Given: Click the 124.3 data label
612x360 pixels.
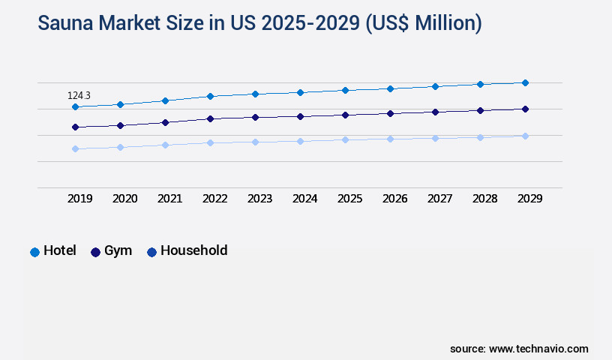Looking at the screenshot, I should [79, 95].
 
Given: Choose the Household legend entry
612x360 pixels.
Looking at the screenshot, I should [187, 251].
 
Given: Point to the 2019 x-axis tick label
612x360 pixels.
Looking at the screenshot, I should [80, 199].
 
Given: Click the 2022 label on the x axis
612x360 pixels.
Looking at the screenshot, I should [215, 199].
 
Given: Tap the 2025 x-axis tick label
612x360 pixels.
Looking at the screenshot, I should [350, 199].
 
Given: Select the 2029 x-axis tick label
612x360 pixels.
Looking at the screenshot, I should [530, 199].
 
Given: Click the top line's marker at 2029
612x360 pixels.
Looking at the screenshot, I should [525, 82].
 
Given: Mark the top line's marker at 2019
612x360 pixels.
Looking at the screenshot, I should [75, 107].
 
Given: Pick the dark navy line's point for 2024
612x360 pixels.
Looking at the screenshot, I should [300, 117].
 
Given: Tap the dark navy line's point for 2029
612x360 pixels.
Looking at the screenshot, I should [525, 109].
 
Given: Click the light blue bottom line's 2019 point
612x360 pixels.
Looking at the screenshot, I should [75, 149].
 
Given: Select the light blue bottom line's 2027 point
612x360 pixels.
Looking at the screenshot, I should [435, 138].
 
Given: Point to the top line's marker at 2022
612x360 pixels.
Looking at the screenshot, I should [210, 96].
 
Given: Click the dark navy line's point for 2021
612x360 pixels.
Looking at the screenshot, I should [165, 122].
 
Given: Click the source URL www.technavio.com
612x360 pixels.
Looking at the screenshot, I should [538, 349].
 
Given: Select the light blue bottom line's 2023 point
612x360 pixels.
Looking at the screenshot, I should [255, 142].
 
